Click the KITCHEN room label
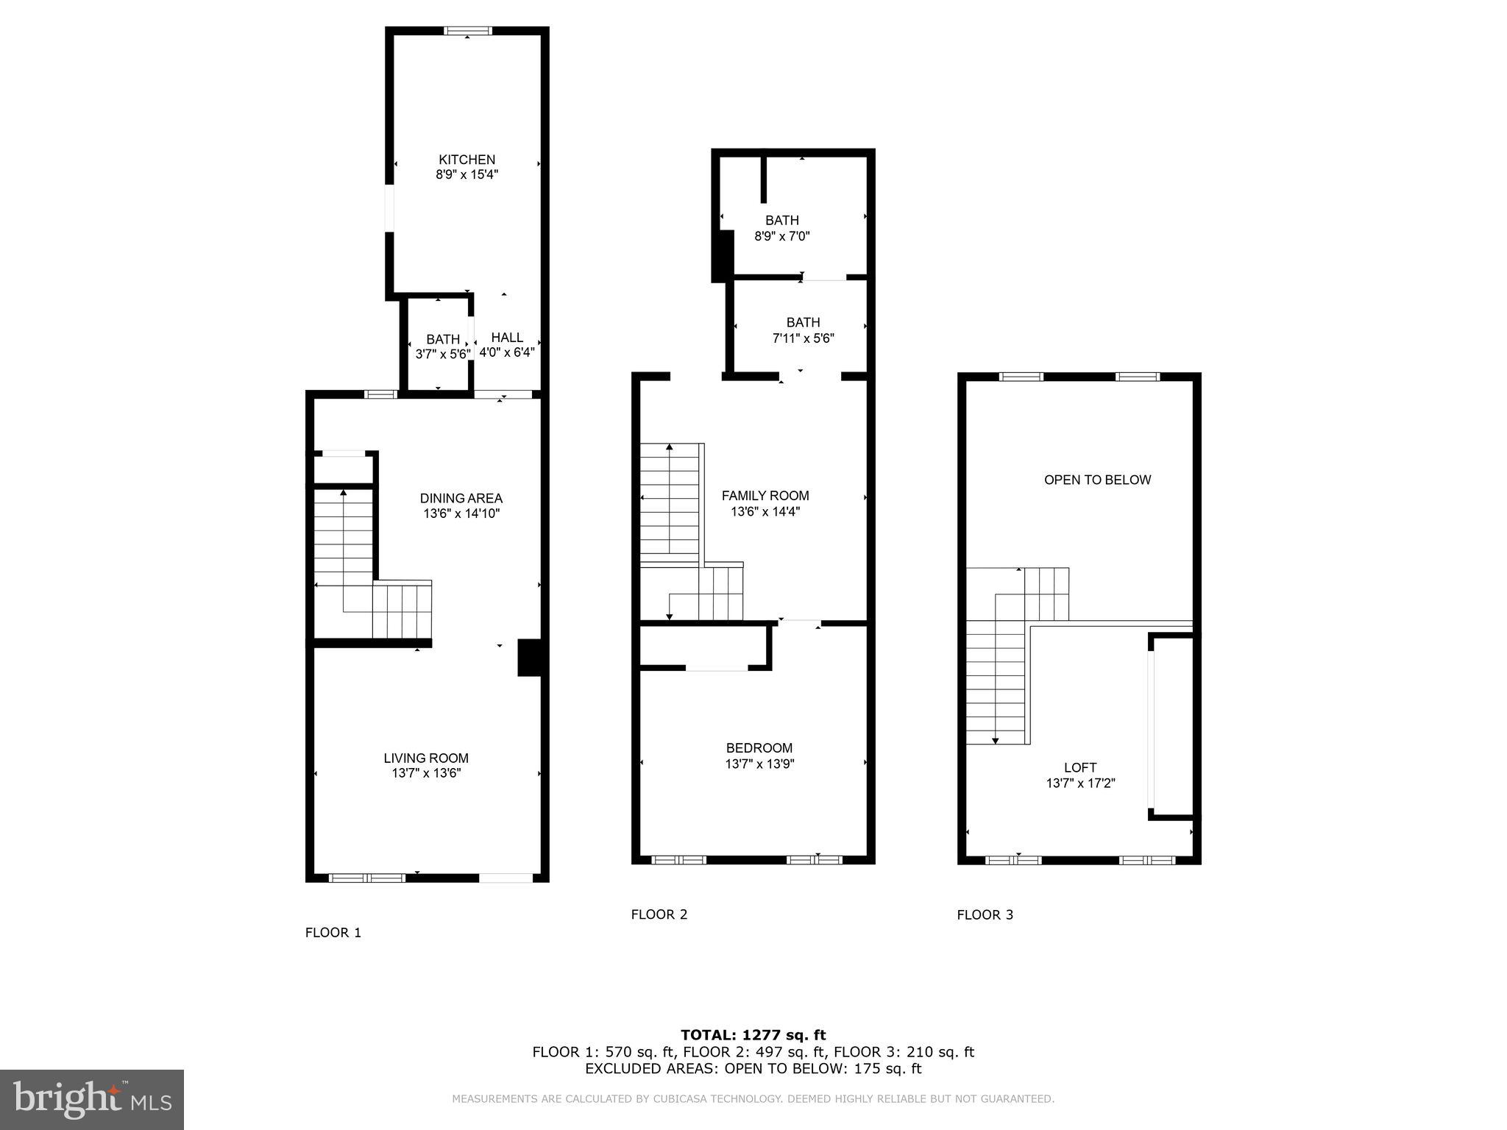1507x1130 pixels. (467, 160)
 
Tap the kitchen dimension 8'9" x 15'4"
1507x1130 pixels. (467, 175)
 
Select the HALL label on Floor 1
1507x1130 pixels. (507, 338)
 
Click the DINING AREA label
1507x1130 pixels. (461, 498)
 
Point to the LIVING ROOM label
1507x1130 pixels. (425, 758)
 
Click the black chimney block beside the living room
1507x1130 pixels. (531, 657)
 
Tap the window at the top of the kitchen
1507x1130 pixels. (468, 31)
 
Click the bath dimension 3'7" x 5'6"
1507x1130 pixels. (442, 354)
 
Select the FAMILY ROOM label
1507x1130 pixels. (765, 496)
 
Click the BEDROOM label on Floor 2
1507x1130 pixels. (759, 748)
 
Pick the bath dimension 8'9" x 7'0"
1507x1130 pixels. (781, 236)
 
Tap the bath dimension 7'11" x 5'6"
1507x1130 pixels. (803, 338)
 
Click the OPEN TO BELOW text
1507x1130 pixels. (1097, 480)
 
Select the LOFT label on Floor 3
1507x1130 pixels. (1079, 767)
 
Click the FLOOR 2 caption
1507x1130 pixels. (659, 914)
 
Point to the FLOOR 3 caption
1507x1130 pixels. (985, 915)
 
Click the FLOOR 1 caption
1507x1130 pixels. (333, 933)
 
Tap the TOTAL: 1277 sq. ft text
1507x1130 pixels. (753, 1035)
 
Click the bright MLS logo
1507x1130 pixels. (92, 1099)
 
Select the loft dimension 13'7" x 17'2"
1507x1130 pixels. (1080, 783)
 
